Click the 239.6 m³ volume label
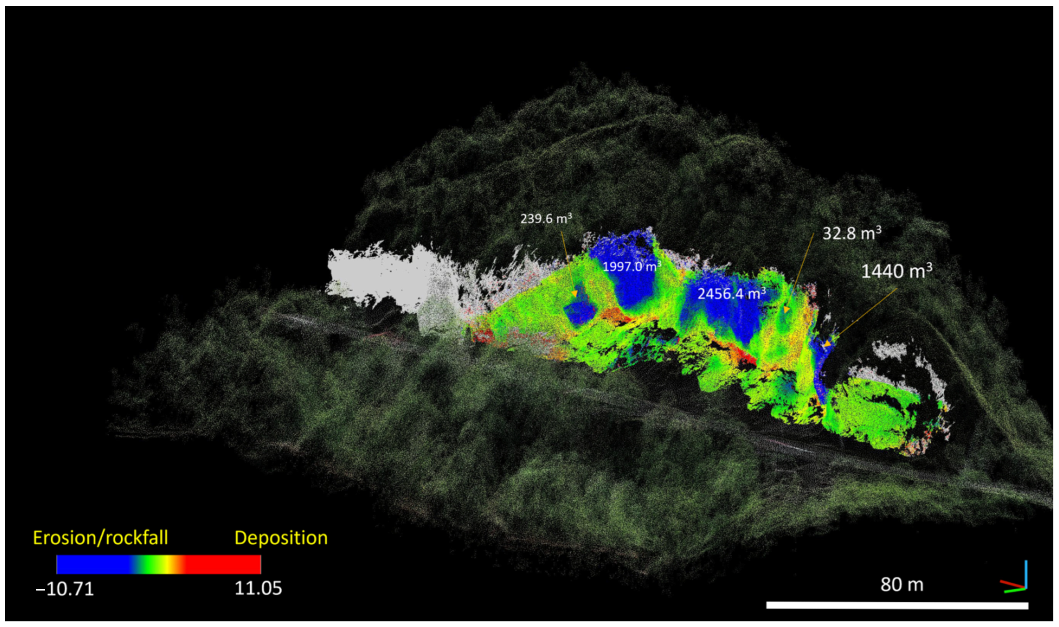[546, 219]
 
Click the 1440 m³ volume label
[896, 271]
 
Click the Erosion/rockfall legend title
[101, 538]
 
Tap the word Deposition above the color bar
[281, 538]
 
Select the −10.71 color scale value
[65, 588]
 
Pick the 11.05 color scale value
[258, 588]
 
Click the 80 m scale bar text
[902, 585]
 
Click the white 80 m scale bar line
[897, 606]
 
